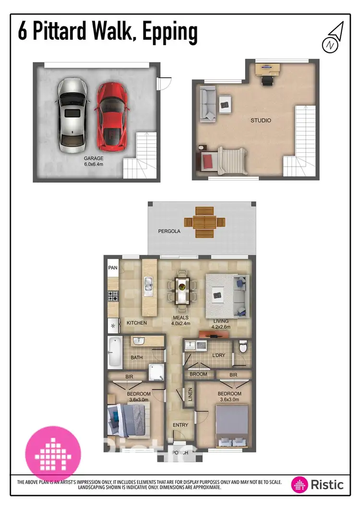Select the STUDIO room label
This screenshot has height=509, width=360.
(x=261, y=120)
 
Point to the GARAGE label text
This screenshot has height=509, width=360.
(x=94, y=158)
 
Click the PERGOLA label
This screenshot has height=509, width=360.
(x=169, y=231)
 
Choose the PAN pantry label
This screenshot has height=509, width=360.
(x=113, y=268)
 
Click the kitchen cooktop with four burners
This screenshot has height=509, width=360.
(x=113, y=297)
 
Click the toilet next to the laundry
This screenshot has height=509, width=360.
(x=242, y=347)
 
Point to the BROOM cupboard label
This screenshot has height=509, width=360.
(x=198, y=374)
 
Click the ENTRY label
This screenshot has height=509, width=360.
(x=180, y=425)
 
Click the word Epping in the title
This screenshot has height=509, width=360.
(x=168, y=32)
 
